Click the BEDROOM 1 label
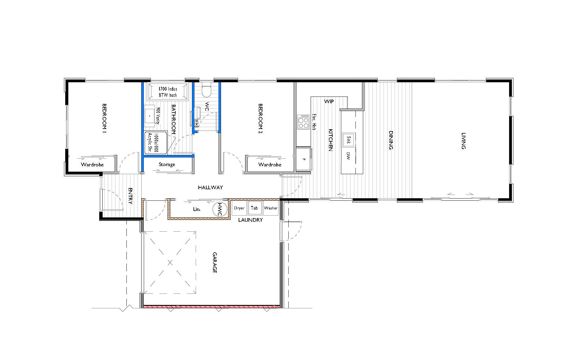[104, 118]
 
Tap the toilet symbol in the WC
[206, 91]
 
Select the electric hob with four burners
[303, 122]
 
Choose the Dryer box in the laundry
[239, 208]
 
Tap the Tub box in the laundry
[254, 208]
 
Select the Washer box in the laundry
[271, 208]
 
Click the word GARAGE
[215, 263]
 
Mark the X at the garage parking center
[170, 263]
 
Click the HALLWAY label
[211, 187]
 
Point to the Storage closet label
[167, 165]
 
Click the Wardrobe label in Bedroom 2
[270, 165]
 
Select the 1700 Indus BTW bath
[168, 92]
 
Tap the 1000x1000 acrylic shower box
[155, 143]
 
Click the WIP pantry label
[329, 101]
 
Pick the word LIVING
[463, 141]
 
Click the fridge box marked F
[304, 159]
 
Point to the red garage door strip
[211, 307]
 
